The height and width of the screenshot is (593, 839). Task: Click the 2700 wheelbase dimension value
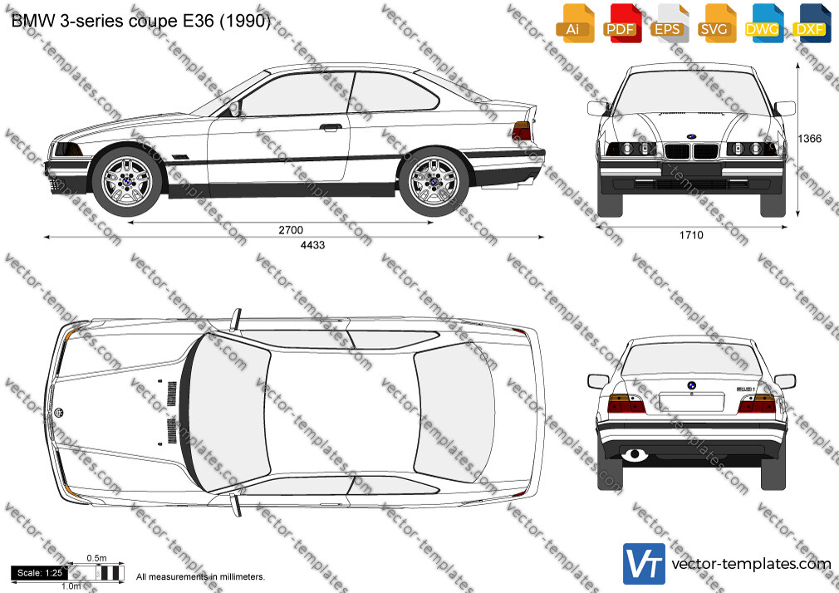point(291,230)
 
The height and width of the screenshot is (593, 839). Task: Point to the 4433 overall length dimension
point(312,245)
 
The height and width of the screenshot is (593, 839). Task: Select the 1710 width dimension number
point(691,235)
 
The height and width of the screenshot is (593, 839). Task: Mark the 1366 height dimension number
point(810,139)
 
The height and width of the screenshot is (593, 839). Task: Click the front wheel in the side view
point(127,181)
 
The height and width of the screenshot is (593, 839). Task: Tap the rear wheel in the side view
point(434,181)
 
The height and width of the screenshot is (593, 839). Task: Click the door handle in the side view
point(331,127)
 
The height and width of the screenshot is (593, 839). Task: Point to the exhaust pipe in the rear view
point(635,455)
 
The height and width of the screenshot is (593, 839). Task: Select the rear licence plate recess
point(691,401)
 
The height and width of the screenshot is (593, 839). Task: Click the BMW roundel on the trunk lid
point(691,385)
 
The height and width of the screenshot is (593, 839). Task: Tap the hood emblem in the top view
point(59,412)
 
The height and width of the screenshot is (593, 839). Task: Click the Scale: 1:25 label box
point(40,573)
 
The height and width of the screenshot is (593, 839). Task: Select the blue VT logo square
point(644,564)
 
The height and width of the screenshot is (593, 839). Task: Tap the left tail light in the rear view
point(626,404)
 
